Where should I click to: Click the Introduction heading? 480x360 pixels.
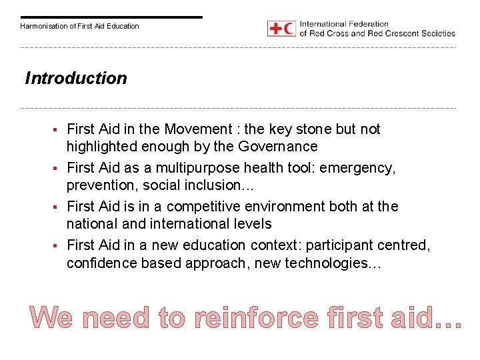(75, 79)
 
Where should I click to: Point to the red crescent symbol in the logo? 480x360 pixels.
(288, 29)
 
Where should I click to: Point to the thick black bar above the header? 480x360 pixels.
(111, 17)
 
